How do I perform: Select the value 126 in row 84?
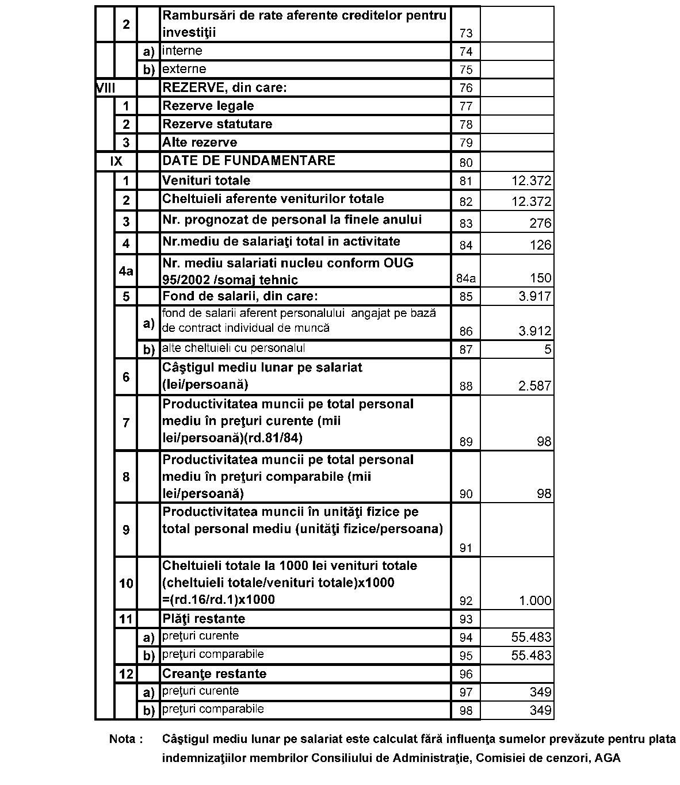540,246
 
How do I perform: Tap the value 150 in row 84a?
540,278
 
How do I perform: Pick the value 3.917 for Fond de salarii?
534,297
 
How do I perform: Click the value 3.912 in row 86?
534,331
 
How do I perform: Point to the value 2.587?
534,386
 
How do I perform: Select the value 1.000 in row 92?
535,601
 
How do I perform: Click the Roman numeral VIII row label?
106,88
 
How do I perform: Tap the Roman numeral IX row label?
116,162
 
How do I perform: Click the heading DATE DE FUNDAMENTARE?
249,160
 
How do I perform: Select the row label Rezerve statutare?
217,124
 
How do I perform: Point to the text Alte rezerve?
199,143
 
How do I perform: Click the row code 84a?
465,279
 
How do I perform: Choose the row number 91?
465,548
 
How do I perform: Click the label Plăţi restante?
204,619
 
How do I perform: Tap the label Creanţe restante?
214,674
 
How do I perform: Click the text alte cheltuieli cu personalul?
233,349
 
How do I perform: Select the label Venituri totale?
206,181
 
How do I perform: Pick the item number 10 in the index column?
126,584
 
